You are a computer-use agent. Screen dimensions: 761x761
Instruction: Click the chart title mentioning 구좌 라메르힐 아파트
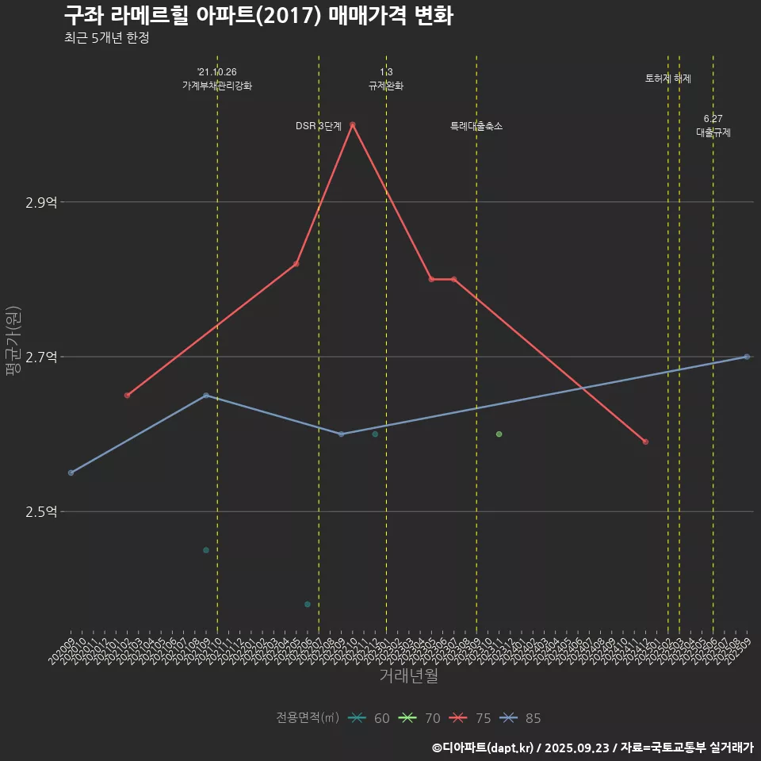coord(258,15)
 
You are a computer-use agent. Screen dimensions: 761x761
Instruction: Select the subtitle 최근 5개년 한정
coord(106,38)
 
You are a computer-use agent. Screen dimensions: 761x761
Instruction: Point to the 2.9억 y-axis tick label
coord(41,203)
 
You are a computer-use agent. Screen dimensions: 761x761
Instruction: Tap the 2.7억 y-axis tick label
coord(41,358)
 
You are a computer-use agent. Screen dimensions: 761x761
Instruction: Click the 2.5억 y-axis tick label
coord(41,512)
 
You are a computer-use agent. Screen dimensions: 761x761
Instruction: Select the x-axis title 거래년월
coord(408,676)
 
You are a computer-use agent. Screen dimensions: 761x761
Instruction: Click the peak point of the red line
coord(352,124)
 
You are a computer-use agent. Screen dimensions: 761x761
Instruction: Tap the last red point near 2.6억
coord(645,442)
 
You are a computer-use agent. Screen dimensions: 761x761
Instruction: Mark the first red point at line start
coord(127,396)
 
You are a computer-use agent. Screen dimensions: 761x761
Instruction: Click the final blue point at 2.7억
coord(747,357)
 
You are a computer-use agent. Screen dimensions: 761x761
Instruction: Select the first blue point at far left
coord(71,472)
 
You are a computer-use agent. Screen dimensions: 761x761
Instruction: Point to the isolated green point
coord(499,434)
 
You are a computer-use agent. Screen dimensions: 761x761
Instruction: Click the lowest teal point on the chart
coord(307,604)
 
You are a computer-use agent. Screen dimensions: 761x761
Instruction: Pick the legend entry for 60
coord(369,718)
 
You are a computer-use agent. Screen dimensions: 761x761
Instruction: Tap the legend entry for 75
coord(471,718)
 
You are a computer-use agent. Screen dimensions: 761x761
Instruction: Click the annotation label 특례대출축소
coord(476,126)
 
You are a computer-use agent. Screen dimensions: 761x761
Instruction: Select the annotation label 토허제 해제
coord(668,78)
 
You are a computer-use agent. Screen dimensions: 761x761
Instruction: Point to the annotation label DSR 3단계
coord(319,126)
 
